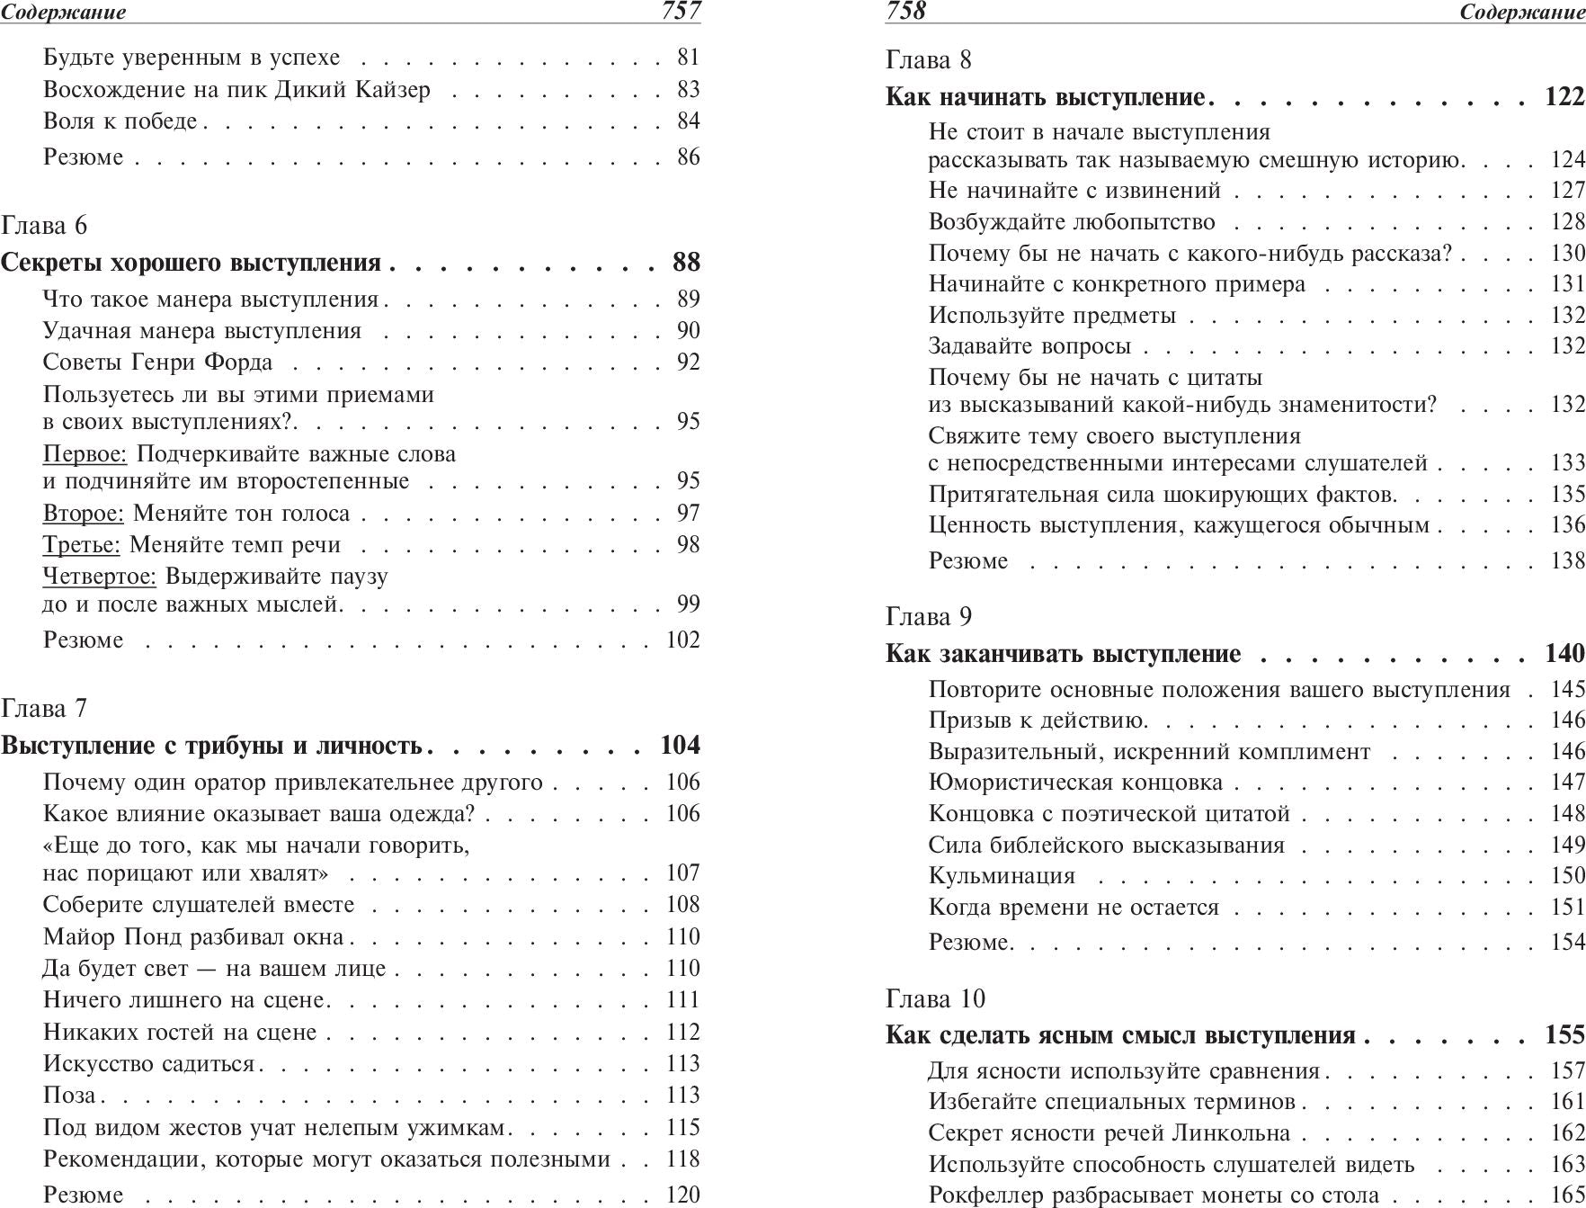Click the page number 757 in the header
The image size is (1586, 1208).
pyautogui.click(x=681, y=11)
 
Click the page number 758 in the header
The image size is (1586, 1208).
pyautogui.click(x=905, y=11)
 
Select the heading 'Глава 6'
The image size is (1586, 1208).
pyautogui.click(x=44, y=225)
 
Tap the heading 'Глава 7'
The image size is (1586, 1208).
pyautogui.click(x=44, y=708)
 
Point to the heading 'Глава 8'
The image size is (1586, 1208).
pyautogui.click(x=929, y=60)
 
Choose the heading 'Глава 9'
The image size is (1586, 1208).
pyautogui.click(x=929, y=616)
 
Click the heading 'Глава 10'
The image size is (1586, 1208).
pyautogui.click(x=935, y=998)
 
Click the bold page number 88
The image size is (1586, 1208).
pyautogui.click(x=686, y=263)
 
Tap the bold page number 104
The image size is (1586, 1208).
pyautogui.click(x=680, y=746)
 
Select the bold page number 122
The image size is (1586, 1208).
pyautogui.click(x=1564, y=97)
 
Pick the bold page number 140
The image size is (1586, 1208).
pyautogui.click(x=1564, y=654)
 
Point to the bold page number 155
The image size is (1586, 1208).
pyautogui.click(x=1564, y=1035)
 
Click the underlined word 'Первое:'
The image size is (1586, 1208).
pyautogui.click(x=85, y=453)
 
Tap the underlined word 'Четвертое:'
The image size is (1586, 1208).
pyautogui.click(x=99, y=576)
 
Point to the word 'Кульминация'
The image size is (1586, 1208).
pyautogui.click(x=1002, y=876)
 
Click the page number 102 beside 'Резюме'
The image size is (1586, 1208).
pyautogui.click(x=682, y=640)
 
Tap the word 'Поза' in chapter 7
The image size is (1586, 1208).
pyautogui.click(x=69, y=1096)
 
